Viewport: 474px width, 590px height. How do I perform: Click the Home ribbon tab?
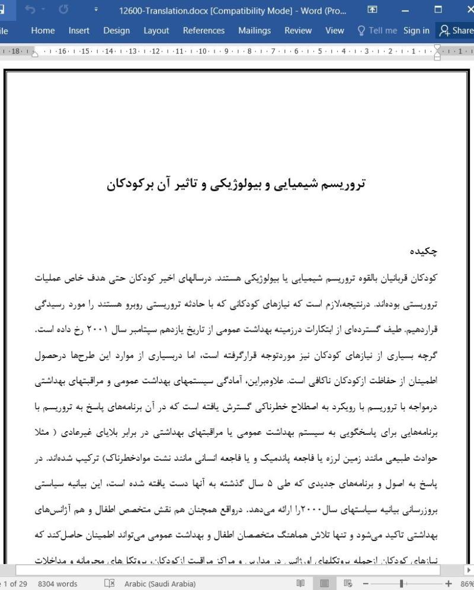tap(43, 31)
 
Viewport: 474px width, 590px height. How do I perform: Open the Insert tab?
tap(79, 31)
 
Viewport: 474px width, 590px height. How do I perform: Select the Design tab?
tap(116, 31)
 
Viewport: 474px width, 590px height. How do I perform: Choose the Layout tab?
tap(156, 31)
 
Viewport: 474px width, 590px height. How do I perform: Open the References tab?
tap(203, 31)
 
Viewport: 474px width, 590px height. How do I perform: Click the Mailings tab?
tap(254, 31)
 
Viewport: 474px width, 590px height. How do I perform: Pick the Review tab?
tap(297, 31)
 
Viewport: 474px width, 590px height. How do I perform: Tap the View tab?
tap(334, 31)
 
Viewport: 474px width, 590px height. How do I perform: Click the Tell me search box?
tap(377, 31)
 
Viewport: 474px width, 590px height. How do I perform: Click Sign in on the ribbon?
tap(416, 31)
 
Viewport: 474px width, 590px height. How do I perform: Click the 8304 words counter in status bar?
tap(57, 583)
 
